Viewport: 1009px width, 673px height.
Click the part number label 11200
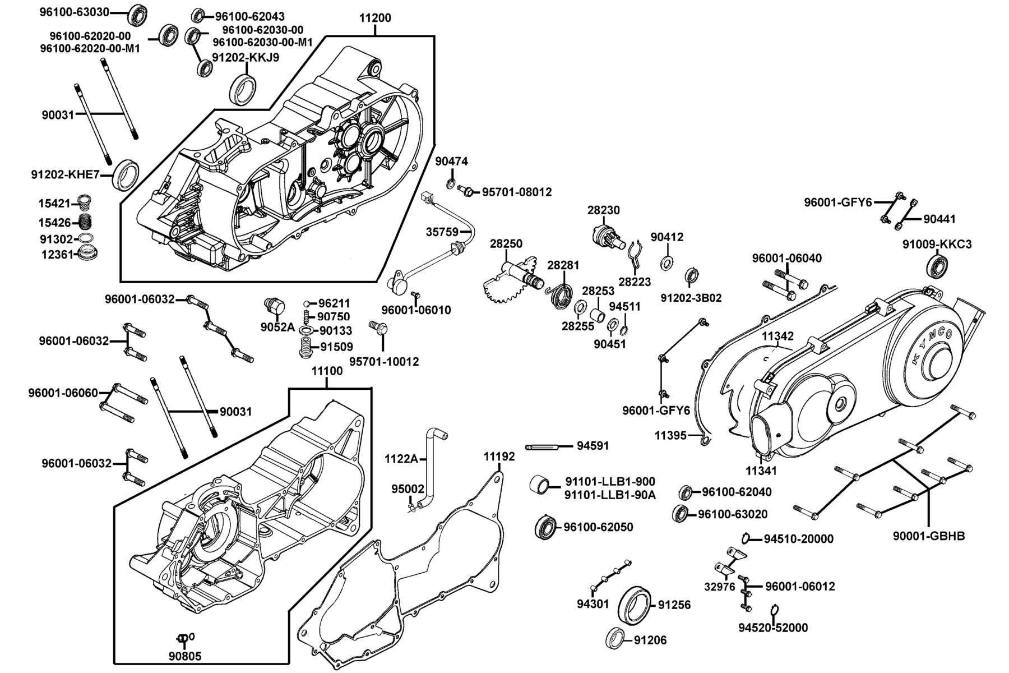coord(375,18)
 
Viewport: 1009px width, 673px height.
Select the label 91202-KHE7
coord(65,175)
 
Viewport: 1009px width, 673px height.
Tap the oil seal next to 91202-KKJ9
coord(243,89)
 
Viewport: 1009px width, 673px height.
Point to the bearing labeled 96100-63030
coord(136,15)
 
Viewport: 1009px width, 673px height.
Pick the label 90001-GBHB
coord(929,536)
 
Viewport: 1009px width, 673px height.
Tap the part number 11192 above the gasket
coord(499,457)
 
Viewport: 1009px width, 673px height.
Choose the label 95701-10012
coord(384,362)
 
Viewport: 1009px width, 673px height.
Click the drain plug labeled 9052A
coord(275,307)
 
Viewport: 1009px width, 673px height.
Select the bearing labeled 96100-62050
coord(545,527)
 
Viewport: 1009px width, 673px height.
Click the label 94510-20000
coord(798,539)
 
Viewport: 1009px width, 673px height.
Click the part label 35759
coord(442,232)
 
